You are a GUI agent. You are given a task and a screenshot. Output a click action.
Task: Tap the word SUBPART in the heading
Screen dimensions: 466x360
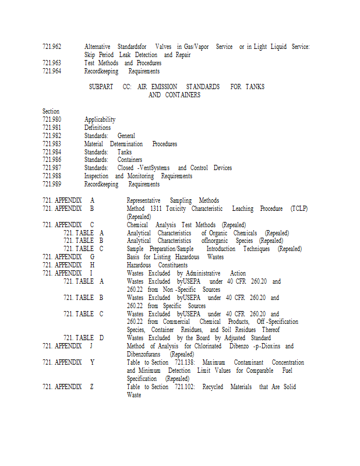pyautogui.click(x=101, y=87)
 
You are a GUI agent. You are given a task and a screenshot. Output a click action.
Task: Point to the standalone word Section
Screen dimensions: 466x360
pyautogui.click(x=51, y=111)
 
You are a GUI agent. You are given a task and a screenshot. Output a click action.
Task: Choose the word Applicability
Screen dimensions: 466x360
pyautogui.click(x=100, y=119)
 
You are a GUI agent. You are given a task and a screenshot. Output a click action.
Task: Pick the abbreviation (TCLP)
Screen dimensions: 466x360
pyautogui.click(x=299, y=208)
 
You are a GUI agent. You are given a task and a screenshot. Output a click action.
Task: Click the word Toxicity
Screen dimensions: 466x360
pyautogui.click(x=177, y=208)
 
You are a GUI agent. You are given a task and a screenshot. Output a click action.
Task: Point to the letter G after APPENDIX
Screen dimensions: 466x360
pyautogui.click(x=92, y=257)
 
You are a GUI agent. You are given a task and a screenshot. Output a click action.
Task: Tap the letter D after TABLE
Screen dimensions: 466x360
pyautogui.click(x=101, y=338)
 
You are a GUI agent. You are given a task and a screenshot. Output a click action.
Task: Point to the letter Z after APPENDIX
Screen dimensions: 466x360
pyautogui.click(x=92, y=387)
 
